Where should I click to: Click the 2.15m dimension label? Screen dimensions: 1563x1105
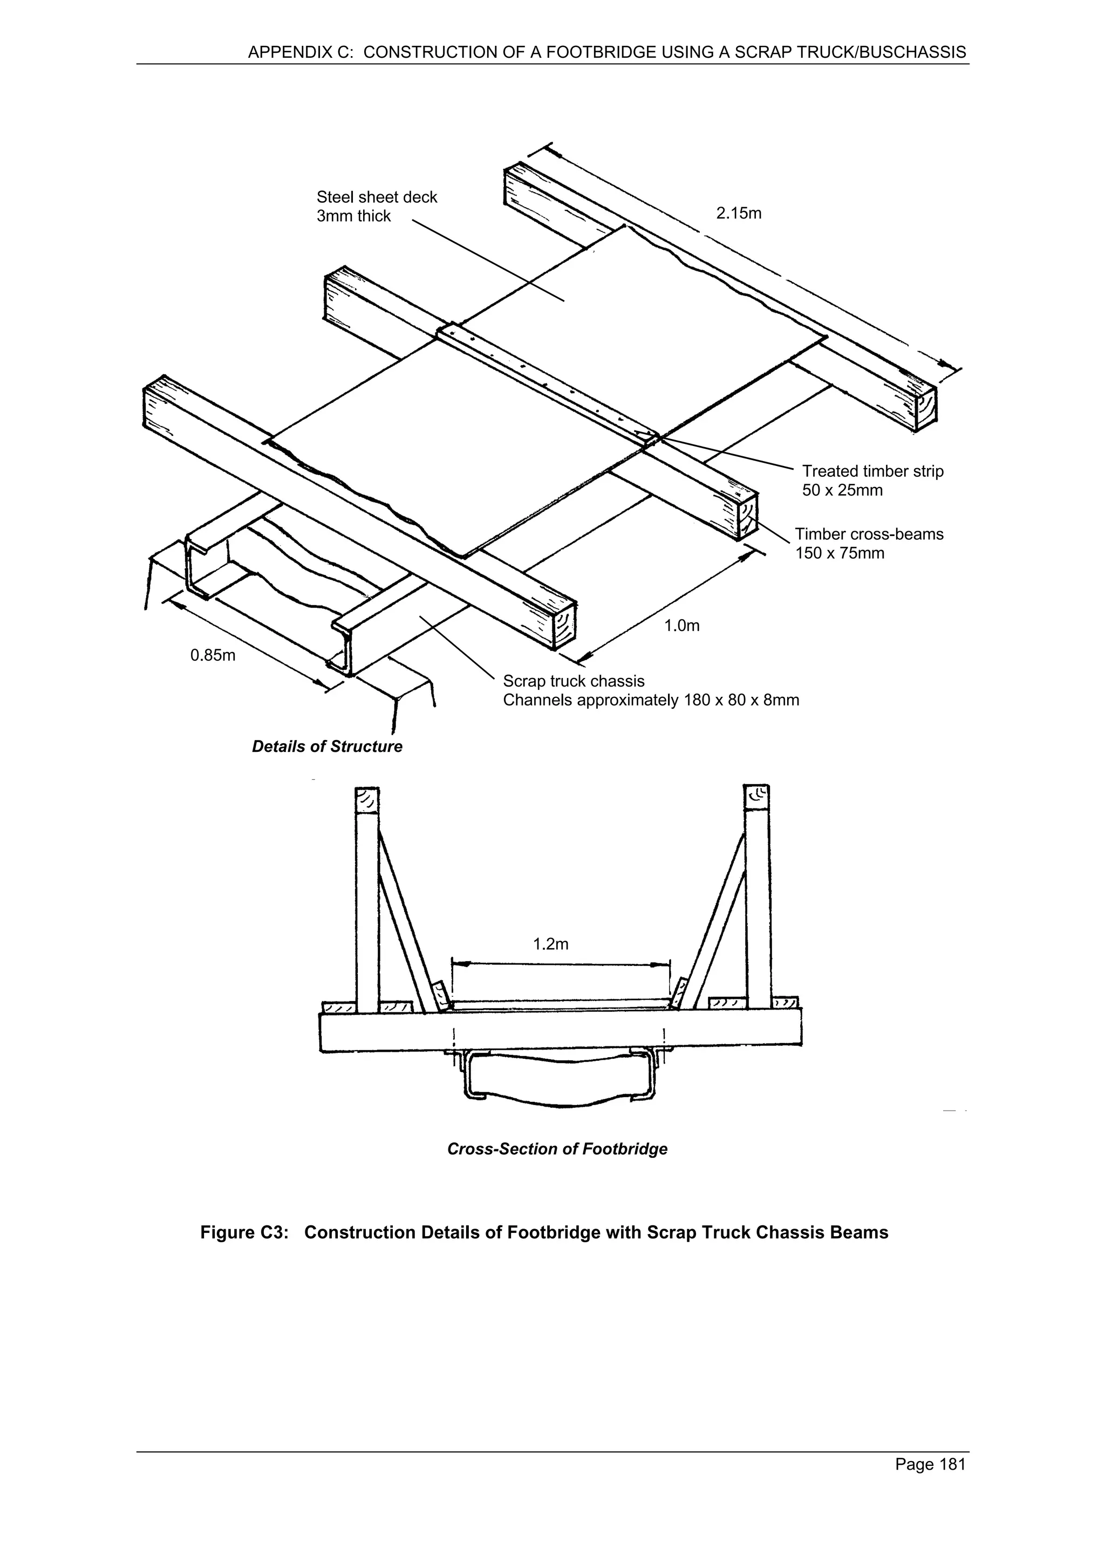(x=738, y=213)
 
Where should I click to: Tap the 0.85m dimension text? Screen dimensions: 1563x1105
(x=213, y=655)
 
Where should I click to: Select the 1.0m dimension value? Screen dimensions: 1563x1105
(x=681, y=626)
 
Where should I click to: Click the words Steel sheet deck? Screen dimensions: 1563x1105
(x=377, y=197)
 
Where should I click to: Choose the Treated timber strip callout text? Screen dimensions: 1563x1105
(x=872, y=471)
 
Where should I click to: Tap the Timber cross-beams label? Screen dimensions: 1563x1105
(x=869, y=534)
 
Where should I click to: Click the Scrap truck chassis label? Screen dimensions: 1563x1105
(x=573, y=681)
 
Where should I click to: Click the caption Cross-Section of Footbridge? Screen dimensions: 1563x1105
(x=557, y=1149)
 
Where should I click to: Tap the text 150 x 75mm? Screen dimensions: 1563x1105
(x=840, y=553)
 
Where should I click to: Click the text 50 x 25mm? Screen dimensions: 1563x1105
(x=842, y=490)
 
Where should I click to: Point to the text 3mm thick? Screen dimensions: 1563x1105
(x=353, y=216)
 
